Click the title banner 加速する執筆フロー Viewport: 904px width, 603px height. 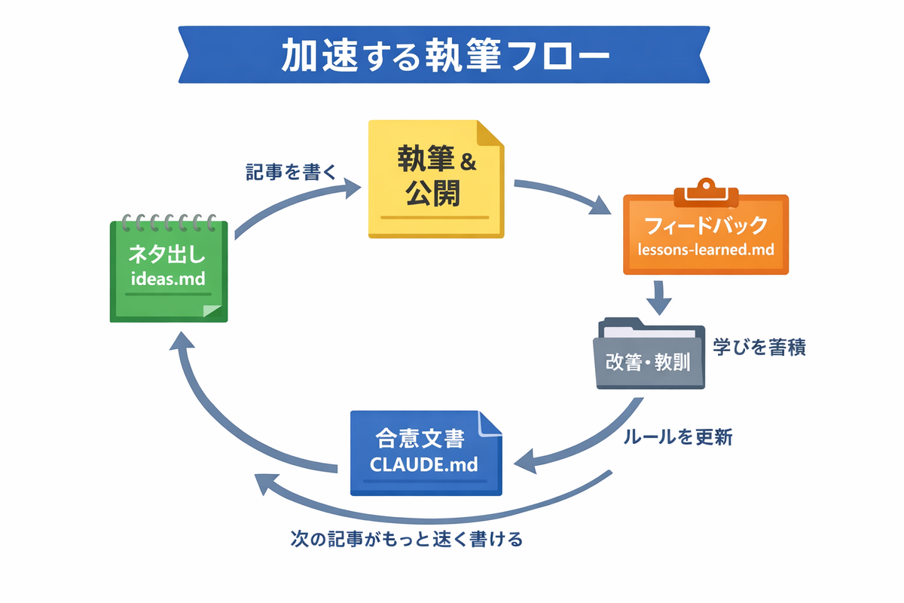tap(444, 55)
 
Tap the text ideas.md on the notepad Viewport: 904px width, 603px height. tap(168, 279)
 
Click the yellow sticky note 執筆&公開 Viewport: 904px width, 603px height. tap(436, 179)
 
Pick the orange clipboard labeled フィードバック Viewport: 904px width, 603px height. tap(706, 230)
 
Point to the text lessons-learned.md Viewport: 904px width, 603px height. tap(706, 249)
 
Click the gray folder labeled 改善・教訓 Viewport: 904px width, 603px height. tap(649, 354)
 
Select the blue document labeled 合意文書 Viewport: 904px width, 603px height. tap(426, 453)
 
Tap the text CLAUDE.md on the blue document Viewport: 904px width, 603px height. tap(423, 464)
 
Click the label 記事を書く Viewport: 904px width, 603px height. tap(291, 172)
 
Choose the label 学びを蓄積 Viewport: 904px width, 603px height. tap(759, 347)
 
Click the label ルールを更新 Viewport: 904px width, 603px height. tap(678, 437)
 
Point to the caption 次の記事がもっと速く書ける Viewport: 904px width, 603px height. tap(406, 539)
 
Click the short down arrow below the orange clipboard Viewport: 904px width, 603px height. tap(659, 297)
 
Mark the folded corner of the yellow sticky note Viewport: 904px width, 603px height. tap(490, 133)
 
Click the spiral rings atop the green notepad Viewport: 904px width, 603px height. tap(169, 222)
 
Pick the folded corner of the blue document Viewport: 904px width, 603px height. tap(490, 424)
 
